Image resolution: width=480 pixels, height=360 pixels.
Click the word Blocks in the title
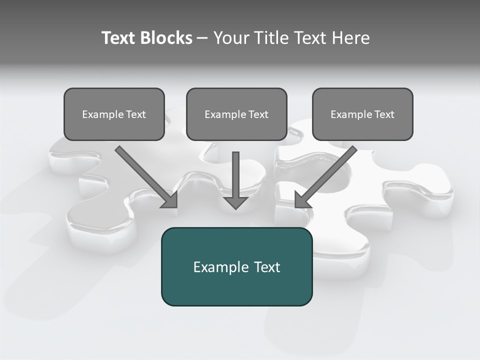click(x=166, y=38)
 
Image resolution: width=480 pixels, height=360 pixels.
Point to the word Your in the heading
click(x=231, y=38)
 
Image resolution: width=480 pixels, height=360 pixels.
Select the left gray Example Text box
click(x=114, y=114)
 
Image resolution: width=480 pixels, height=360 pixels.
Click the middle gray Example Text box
click(x=236, y=114)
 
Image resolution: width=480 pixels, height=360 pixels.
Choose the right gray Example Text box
click(x=362, y=114)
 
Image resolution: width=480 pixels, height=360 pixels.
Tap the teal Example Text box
click(x=236, y=266)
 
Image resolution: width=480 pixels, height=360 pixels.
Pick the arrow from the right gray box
click(x=327, y=175)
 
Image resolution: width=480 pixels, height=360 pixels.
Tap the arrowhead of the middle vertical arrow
click(x=236, y=202)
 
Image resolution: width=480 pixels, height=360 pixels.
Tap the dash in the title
click(x=202, y=38)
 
